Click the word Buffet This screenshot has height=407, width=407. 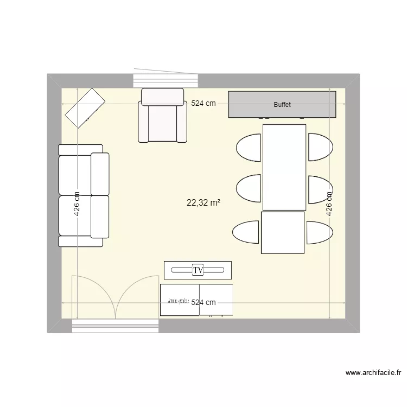pyautogui.click(x=282, y=104)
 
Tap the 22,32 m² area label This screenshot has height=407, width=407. pyautogui.click(x=203, y=203)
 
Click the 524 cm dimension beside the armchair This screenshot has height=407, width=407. pyautogui.click(x=203, y=103)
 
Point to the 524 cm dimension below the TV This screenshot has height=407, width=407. pyautogui.click(x=203, y=303)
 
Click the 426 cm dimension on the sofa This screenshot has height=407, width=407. pyautogui.click(x=77, y=204)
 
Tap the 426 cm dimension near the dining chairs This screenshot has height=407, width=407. pyautogui.click(x=329, y=204)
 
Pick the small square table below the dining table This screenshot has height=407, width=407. pyautogui.click(x=283, y=233)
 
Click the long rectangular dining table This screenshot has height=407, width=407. pyautogui.click(x=284, y=167)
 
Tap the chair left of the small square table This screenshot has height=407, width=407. pyautogui.click(x=246, y=232)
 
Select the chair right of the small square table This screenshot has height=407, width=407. pyautogui.click(x=319, y=232)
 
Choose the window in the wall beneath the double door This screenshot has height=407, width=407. pyautogui.click(x=115, y=326)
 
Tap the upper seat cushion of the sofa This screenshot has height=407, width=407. pyautogui.click(x=75, y=175)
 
